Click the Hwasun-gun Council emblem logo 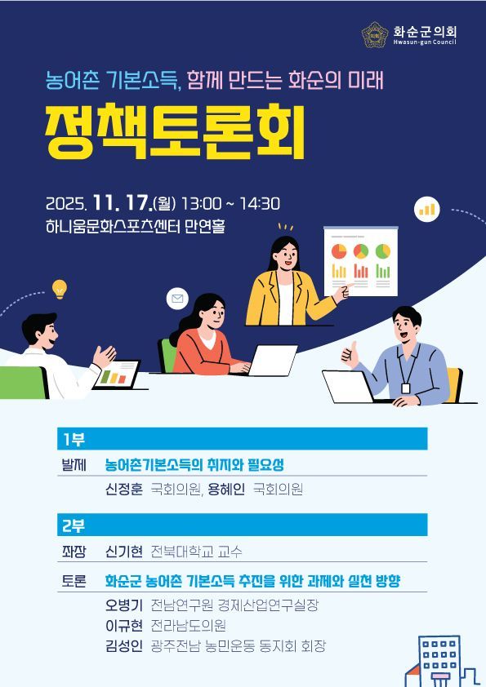click(x=376, y=34)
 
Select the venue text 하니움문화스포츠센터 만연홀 click(x=136, y=226)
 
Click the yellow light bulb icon click(x=59, y=289)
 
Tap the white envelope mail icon click(x=176, y=299)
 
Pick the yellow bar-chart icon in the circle click(x=427, y=208)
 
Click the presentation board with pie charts click(x=360, y=260)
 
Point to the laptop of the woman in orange click(x=273, y=360)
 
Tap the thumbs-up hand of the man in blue click(x=351, y=353)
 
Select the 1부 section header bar click(x=242, y=440)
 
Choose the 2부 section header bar click(x=242, y=525)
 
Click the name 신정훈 click(x=124, y=490)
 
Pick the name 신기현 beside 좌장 click(x=124, y=552)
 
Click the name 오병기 click(x=124, y=605)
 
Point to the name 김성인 click(x=124, y=646)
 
